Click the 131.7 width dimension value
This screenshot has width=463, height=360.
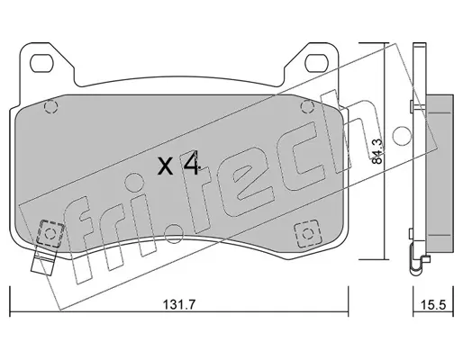click(x=179, y=305)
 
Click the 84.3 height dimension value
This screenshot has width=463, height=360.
click(x=377, y=151)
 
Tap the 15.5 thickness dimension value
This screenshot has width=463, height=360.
click(x=433, y=305)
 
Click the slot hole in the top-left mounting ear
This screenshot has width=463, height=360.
click(x=41, y=63)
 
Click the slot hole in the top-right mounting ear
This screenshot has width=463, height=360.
click(x=316, y=63)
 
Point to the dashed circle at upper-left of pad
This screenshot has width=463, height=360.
click(x=50, y=106)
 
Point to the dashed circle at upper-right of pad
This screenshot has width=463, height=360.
click(x=307, y=106)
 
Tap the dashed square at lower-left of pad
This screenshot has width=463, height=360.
click(x=50, y=233)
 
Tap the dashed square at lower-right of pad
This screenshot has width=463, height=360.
click(x=307, y=233)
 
